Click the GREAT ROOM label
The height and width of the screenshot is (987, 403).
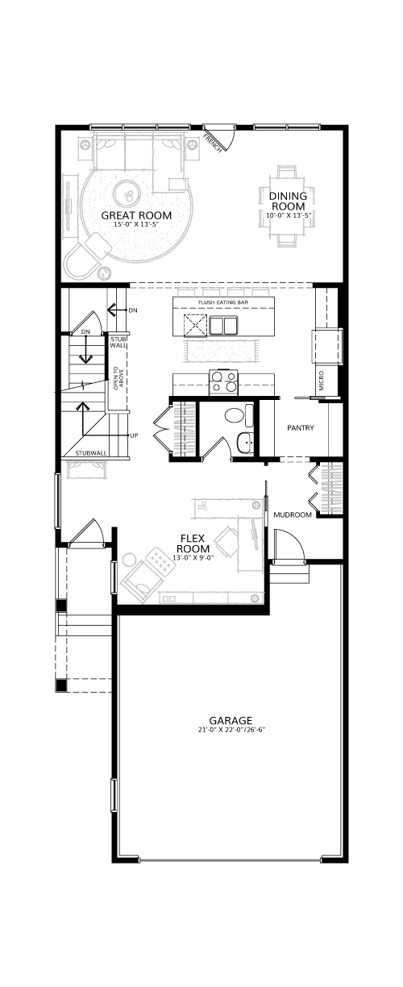click(x=136, y=215)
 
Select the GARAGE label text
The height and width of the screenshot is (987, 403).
click(x=231, y=720)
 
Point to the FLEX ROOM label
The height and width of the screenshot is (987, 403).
click(x=193, y=543)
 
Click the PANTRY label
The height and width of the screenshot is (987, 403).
click(x=301, y=427)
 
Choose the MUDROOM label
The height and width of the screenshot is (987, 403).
click(x=293, y=514)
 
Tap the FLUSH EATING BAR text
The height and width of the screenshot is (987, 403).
click(x=223, y=302)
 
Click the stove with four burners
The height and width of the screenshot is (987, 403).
click(x=223, y=381)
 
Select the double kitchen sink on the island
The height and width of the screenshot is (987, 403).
click(x=223, y=327)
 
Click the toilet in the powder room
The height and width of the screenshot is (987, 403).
click(x=239, y=416)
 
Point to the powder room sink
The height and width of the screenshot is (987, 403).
click(x=245, y=443)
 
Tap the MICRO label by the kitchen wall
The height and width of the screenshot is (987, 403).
click(x=321, y=381)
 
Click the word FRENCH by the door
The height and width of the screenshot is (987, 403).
click(x=213, y=144)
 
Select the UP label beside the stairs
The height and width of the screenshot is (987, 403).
click(x=135, y=435)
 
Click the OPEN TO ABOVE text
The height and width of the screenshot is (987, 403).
click(x=118, y=378)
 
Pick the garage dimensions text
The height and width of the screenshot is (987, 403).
click(x=231, y=729)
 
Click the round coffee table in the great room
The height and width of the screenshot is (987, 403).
click(x=127, y=193)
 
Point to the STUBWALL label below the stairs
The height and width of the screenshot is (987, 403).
click(x=91, y=453)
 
